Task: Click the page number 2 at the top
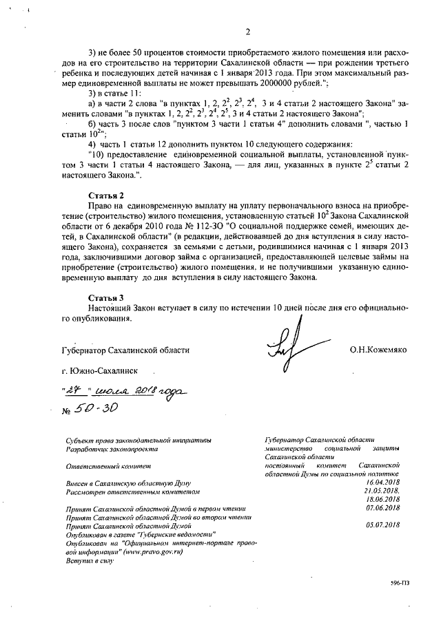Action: pos(246,30)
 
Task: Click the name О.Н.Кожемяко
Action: pos(378,350)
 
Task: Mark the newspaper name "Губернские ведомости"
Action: pos(181,534)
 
